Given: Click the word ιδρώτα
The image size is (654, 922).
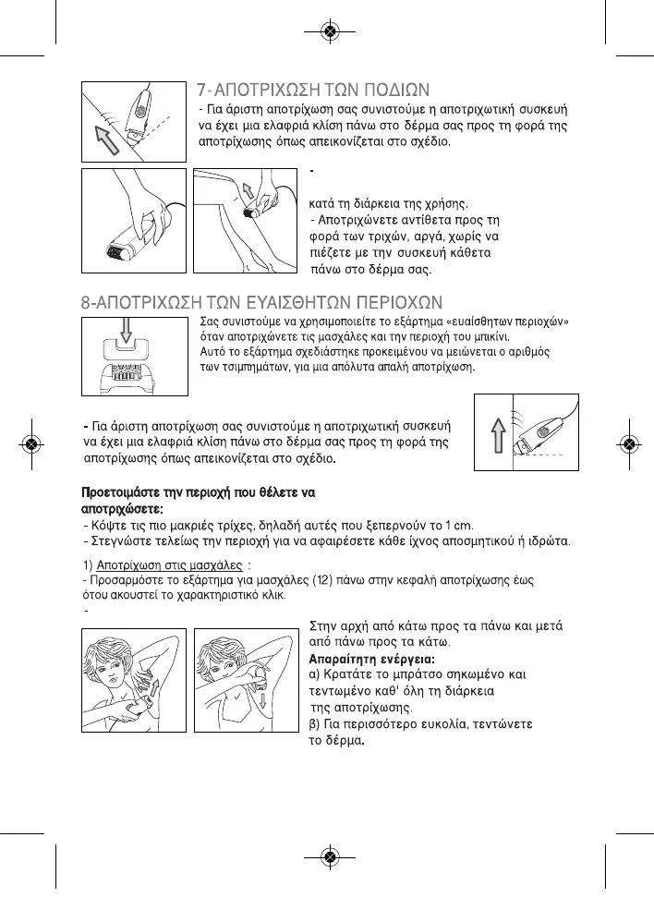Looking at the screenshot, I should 551,540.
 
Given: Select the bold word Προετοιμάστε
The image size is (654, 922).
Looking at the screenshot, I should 125,491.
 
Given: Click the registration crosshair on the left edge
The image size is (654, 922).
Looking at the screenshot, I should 32,443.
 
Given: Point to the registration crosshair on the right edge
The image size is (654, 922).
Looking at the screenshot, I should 628,443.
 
